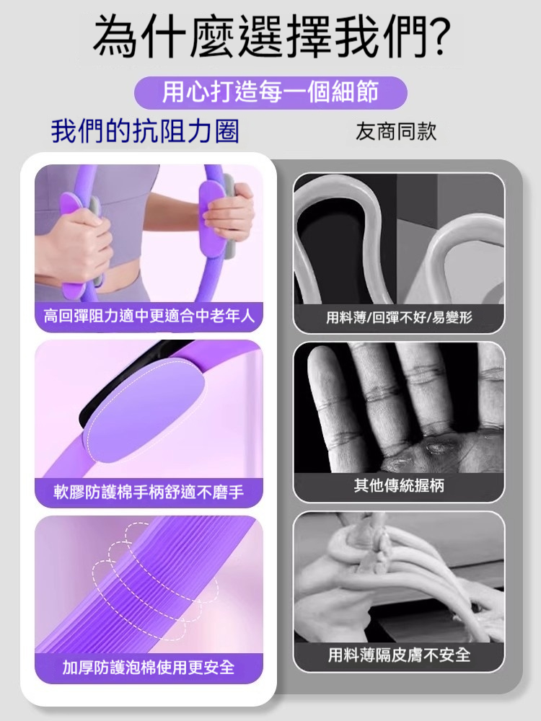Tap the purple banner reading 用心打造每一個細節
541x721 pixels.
[x=270, y=92]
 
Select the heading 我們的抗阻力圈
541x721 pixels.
[x=145, y=132]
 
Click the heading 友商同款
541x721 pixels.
[x=396, y=132]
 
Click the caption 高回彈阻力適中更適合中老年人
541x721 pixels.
[x=149, y=316]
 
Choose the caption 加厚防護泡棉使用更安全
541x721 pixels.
[x=149, y=667]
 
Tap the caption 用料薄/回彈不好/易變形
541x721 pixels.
[x=399, y=317]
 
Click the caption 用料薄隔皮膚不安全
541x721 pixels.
[x=399, y=655]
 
